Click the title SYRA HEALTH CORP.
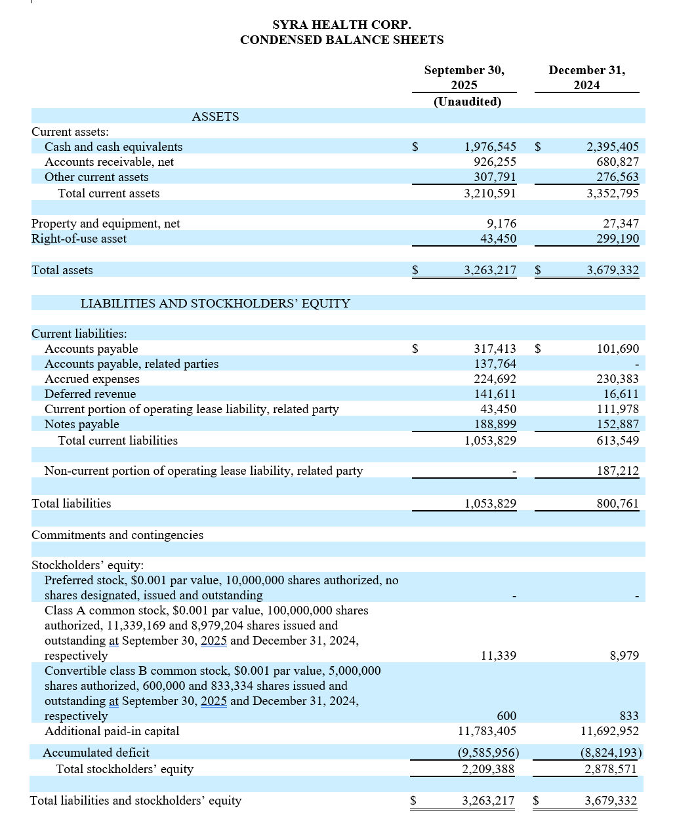342,25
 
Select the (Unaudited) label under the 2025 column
467,102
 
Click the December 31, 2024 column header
586,77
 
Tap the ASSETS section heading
215,117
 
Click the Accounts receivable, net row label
109,162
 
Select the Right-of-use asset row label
79,239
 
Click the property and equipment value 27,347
621,224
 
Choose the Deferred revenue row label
90,394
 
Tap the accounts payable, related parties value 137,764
495,364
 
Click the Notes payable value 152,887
617,424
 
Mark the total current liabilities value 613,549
617,441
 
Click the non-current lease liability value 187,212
617,471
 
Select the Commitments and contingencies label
117,535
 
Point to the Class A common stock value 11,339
498,656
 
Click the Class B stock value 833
628,716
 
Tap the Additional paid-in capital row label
112,731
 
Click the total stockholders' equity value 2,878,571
610,769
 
